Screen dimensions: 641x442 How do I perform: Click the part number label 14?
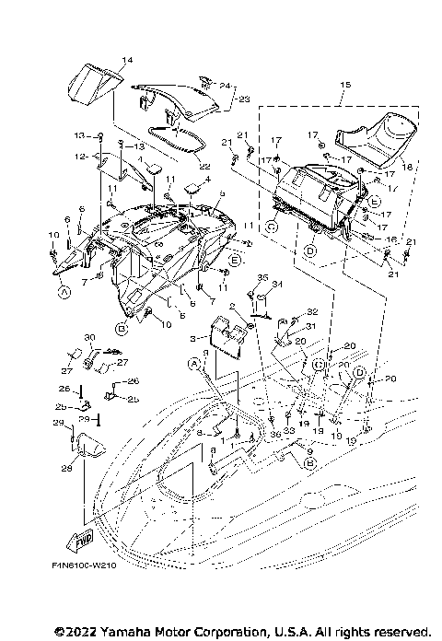[x=127, y=60]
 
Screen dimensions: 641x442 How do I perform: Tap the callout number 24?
[x=225, y=86]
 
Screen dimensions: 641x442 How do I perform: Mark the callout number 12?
[x=81, y=157]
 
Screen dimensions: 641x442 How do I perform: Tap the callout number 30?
[x=90, y=336]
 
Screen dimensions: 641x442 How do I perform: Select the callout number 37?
[x=66, y=371]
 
